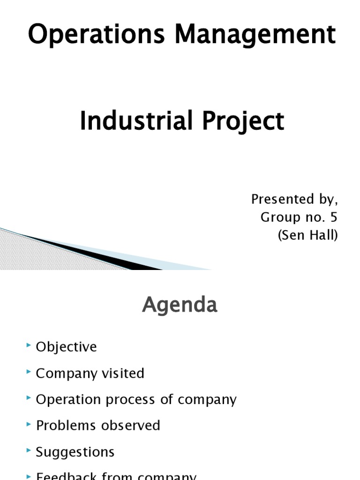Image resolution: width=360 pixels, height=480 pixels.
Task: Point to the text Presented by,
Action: tap(294, 199)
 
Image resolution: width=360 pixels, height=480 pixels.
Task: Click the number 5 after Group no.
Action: tap(333, 217)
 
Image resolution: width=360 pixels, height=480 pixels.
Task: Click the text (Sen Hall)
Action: tap(307, 235)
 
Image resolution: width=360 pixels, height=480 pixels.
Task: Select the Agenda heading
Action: tap(180, 305)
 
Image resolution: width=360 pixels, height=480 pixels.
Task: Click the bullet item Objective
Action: tap(66, 347)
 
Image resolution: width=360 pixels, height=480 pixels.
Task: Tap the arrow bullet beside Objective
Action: tap(30, 346)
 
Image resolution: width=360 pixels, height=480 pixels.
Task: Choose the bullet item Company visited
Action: tap(90, 373)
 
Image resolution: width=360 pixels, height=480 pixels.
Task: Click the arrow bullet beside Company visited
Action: tap(30, 372)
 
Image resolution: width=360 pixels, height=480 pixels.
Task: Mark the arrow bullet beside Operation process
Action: tap(30, 398)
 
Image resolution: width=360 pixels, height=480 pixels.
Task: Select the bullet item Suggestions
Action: tap(75, 452)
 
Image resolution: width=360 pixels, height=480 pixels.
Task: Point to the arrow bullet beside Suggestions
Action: tap(30, 451)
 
